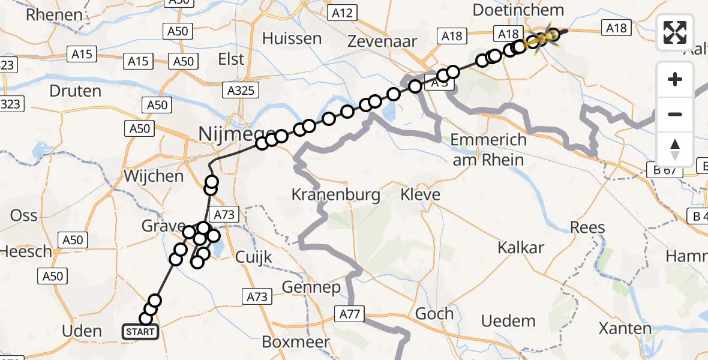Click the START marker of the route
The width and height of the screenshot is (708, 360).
140,331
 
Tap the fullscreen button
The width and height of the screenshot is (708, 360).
675,32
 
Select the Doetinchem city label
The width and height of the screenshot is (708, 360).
518,10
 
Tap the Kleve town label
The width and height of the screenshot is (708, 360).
420,194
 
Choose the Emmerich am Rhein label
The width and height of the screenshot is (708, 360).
488,149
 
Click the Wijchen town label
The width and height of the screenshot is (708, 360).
154,176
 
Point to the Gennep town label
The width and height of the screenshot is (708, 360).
311,287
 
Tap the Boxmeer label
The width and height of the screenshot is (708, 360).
296,342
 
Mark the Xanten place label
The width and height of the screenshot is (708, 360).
625,328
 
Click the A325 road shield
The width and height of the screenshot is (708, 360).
241,91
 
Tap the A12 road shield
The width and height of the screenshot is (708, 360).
342,12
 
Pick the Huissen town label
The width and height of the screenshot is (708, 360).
292,38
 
